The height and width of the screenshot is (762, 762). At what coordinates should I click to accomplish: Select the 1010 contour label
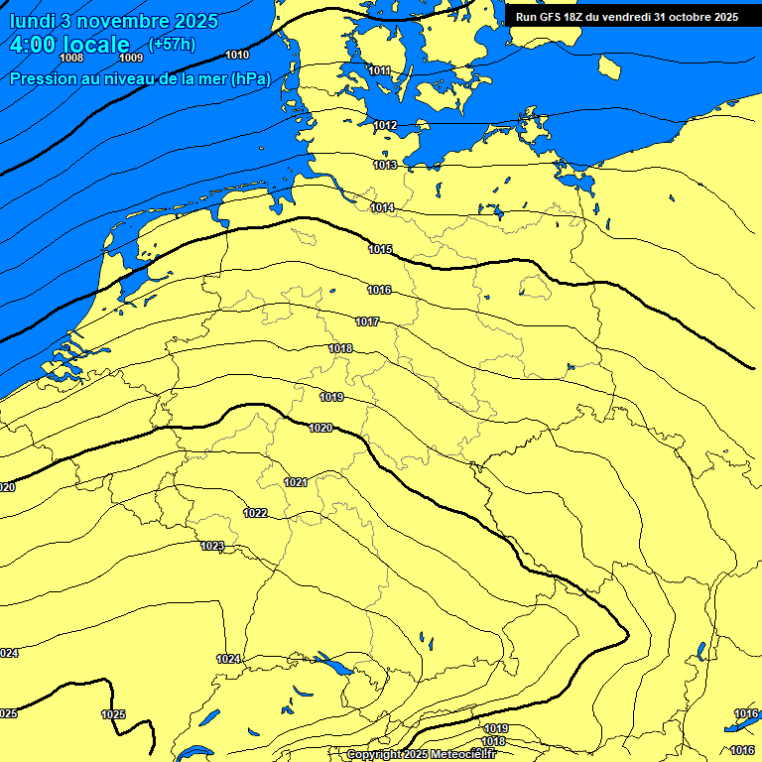(x=238, y=55)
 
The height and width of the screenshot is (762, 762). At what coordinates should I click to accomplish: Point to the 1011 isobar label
(x=379, y=70)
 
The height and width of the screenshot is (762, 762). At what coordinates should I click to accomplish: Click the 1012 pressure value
(x=385, y=125)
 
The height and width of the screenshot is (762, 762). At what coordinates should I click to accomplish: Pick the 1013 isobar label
(x=385, y=165)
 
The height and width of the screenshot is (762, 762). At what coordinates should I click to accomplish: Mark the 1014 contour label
(x=382, y=207)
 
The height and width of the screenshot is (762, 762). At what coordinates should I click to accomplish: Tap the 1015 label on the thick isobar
(x=380, y=249)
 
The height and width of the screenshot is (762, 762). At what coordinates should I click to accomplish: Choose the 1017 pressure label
(x=367, y=321)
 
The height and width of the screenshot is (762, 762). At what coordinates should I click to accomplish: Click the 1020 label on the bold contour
(x=320, y=428)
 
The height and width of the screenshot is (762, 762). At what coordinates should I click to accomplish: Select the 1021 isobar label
(x=296, y=482)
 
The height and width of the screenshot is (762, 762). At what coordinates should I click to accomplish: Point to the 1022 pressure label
(x=255, y=513)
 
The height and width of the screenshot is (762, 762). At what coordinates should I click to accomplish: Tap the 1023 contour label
(x=212, y=547)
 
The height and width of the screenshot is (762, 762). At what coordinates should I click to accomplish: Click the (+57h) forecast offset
(x=172, y=45)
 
